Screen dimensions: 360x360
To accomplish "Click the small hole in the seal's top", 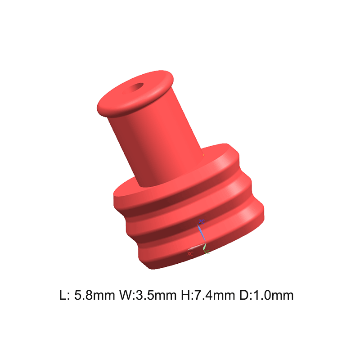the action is [137, 87].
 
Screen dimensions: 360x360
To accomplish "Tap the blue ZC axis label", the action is [202, 221].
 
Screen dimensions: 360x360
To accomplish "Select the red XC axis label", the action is [190, 254].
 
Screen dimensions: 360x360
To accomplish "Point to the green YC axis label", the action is [207, 252].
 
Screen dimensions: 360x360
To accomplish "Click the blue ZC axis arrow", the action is [201, 233].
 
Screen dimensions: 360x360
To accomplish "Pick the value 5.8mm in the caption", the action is [94, 295].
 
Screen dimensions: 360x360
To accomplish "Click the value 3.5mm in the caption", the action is [156, 295].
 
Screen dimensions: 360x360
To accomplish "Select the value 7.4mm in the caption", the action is [215, 295].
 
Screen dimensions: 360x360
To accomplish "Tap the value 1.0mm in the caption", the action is [273, 295].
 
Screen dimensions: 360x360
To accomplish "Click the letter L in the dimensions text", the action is [63, 295].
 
